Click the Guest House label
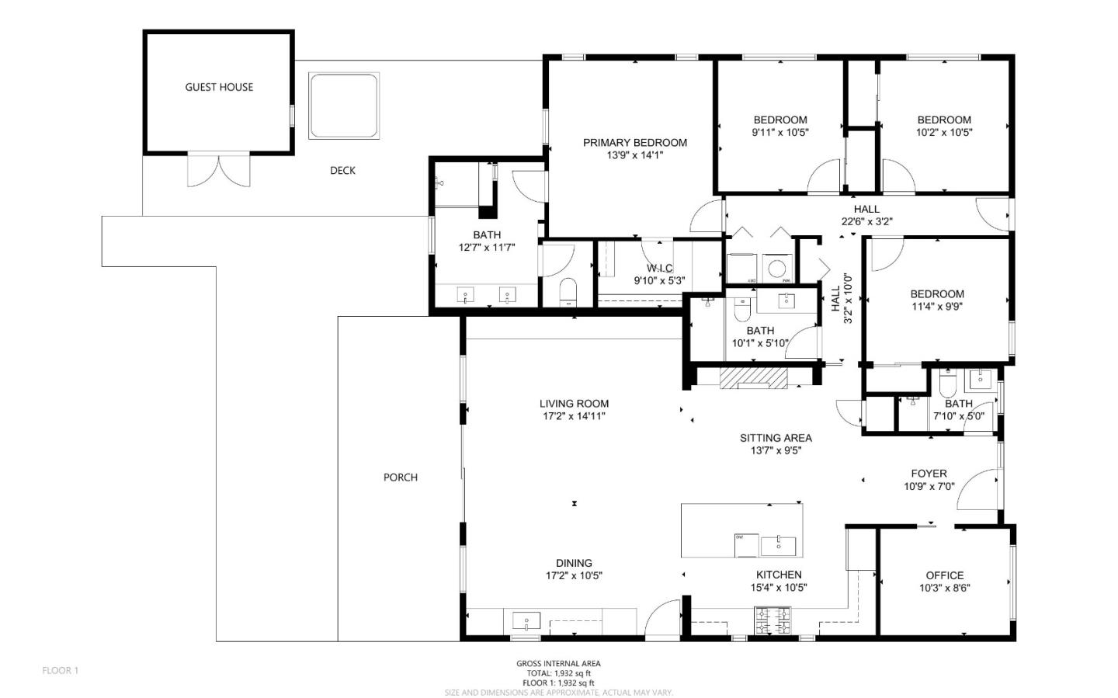(219, 88)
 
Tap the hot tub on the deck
(344, 106)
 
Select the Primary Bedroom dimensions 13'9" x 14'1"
(635, 155)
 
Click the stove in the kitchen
(773, 620)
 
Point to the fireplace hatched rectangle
(753, 377)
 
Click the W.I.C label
(660, 269)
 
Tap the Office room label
(945, 575)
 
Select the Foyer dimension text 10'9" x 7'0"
(929, 486)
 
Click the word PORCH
(401, 477)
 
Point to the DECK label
(343, 171)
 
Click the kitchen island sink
(778, 546)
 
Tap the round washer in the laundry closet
(777, 269)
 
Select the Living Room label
(574, 404)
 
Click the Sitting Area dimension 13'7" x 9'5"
(776, 451)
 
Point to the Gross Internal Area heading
(558, 664)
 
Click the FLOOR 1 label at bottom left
(61, 671)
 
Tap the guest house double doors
(219, 171)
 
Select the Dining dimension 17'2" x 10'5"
(574, 575)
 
